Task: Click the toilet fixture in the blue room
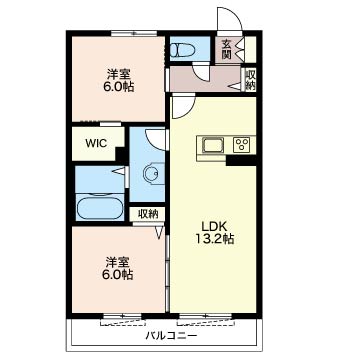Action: point(183,50)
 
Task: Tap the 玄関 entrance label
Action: point(227,49)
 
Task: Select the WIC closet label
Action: point(96,143)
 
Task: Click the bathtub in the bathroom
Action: point(99,207)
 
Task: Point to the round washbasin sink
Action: point(150,173)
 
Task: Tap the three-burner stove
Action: point(242,145)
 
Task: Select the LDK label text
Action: point(214,227)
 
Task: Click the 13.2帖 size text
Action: point(214,239)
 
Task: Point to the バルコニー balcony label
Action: point(171,335)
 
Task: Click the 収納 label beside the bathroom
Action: point(148,214)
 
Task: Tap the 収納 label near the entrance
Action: point(250,80)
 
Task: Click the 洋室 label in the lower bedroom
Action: point(117,262)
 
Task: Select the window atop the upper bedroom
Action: point(134,33)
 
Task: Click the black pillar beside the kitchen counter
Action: point(241,160)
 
